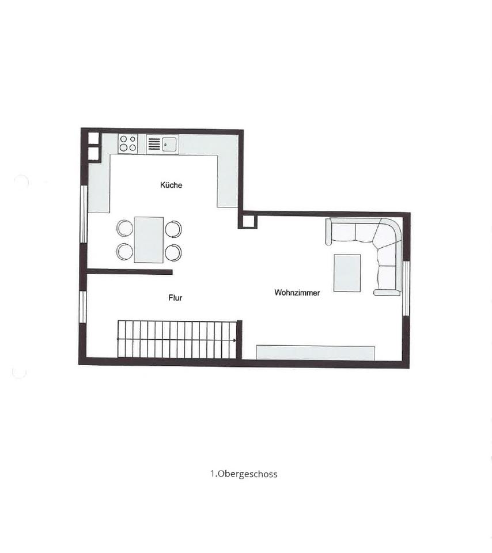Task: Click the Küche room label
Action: pyautogui.click(x=171, y=185)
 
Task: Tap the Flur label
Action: pyautogui.click(x=175, y=298)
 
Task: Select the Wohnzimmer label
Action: pyautogui.click(x=297, y=293)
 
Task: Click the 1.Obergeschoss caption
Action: pyautogui.click(x=244, y=474)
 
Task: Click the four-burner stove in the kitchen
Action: pyautogui.click(x=128, y=144)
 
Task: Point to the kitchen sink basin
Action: pyautogui.click(x=170, y=144)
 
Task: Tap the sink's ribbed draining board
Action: pyautogui.click(x=154, y=144)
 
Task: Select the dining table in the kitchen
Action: pyautogui.click(x=149, y=240)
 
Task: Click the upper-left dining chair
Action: pyautogui.click(x=124, y=229)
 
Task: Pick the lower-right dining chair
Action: pyautogui.click(x=173, y=252)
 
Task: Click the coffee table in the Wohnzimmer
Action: pyautogui.click(x=347, y=273)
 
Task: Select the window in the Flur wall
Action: pyautogui.click(x=82, y=307)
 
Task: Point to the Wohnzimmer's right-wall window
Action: pyautogui.click(x=406, y=287)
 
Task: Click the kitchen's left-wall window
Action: pyautogui.click(x=84, y=214)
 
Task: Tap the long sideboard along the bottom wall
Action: pyautogui.click(x=315, y=353)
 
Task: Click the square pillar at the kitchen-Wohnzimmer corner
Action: pyautogui.click(x=248, y=220)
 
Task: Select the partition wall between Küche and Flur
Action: pyautogui.click(x=130, y=272)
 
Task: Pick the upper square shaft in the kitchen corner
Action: pyautogui.click(x=93, y=138)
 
